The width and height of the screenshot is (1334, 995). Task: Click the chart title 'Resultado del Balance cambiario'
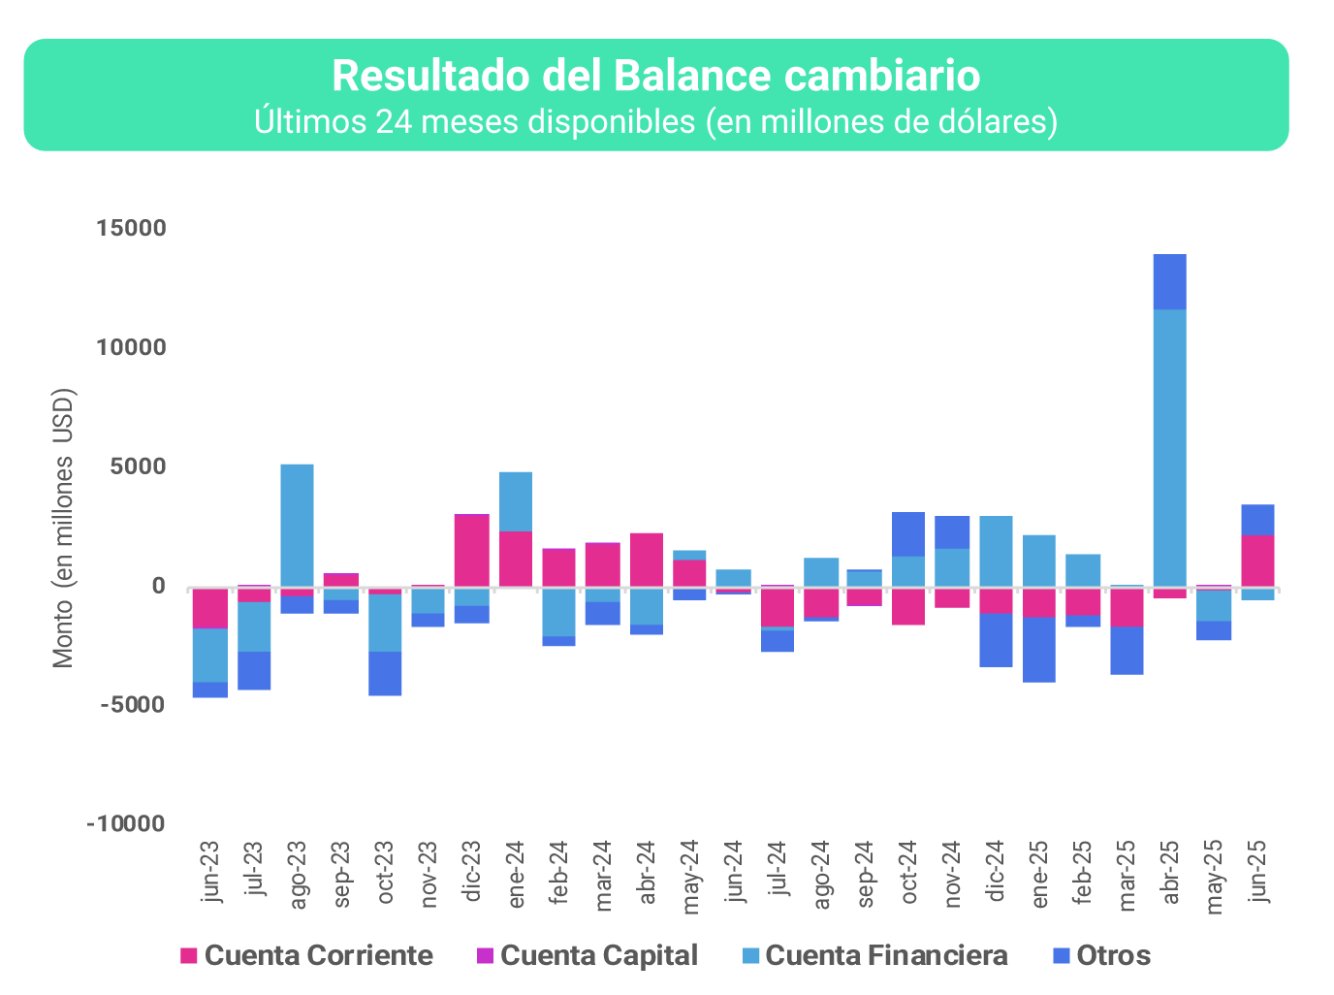click(655, 76)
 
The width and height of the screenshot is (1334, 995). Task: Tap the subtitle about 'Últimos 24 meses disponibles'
click(655, 122)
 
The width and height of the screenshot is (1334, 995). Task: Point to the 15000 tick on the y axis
click(131, 228)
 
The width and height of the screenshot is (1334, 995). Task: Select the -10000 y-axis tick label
click(126, 823)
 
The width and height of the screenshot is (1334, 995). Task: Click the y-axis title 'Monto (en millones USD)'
click(63, 529)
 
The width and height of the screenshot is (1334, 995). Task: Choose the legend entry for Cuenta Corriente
click(306, 955)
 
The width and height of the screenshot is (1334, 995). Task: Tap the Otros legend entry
click(1100, 955)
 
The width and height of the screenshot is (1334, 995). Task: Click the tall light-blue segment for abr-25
click(1169, 446)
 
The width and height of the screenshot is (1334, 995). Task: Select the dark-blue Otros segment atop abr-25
click(1169, 281)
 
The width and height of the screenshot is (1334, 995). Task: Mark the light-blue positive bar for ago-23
click(297, 524)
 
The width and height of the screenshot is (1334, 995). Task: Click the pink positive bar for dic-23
click(471, 550)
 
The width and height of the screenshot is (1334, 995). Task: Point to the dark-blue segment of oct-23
click(385, 673)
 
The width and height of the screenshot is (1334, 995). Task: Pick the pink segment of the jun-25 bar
click(1257, 561)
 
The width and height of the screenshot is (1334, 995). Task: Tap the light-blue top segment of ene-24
click(515, 501)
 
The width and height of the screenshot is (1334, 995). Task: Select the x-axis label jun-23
click(210, 871)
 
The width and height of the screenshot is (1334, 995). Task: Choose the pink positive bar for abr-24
click(647, 560)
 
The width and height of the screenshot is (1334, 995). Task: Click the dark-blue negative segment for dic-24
click(996, 640)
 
